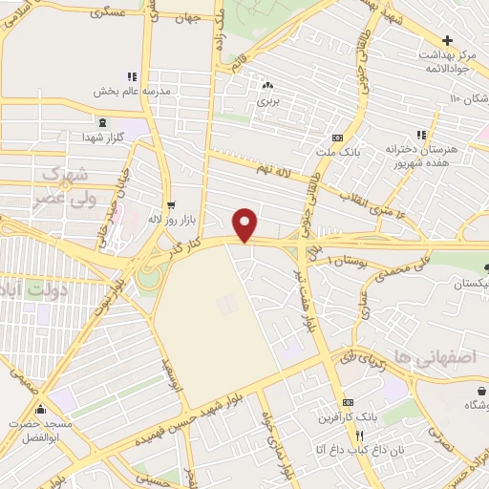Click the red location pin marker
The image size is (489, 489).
coord(246,223)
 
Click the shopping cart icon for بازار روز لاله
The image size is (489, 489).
coord(170,204)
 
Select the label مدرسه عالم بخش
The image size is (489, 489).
coord(132,92)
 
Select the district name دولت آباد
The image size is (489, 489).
coord(21,287)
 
